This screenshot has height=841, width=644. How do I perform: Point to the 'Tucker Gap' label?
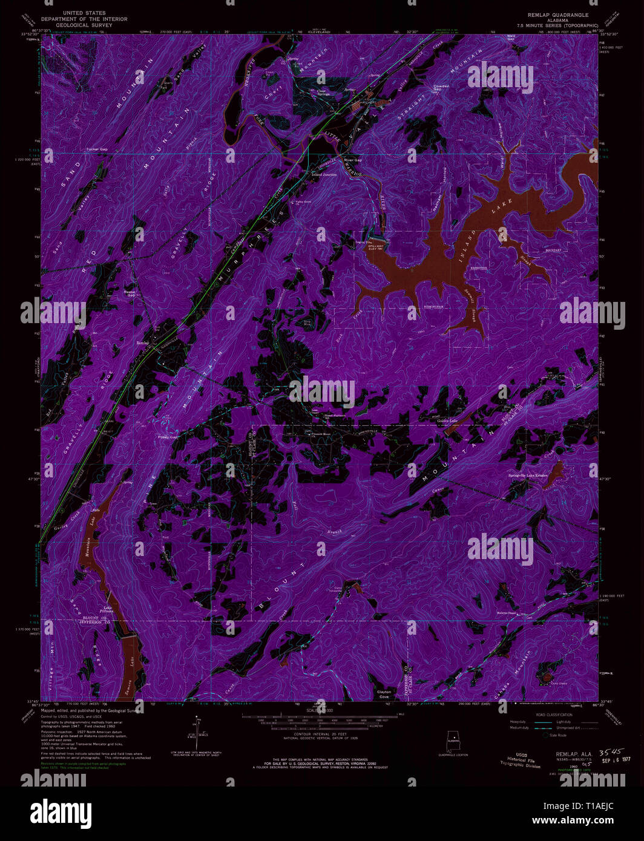[x=97, y=149]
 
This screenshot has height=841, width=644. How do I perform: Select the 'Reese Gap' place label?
[x=130, y=293]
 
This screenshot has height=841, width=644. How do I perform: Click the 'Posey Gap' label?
[x=167, y=437]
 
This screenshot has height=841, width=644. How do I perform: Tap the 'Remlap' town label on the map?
[x=143, y=342]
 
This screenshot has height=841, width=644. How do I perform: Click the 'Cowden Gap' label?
[x=441, y=88]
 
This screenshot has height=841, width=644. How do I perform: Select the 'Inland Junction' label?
[x=324, y=174]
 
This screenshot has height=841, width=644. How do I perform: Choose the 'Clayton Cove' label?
[x=384, y=693]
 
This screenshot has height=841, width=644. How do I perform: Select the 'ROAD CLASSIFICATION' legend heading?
[x=554, y=715]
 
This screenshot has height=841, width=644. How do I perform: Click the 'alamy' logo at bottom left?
[x=53, y=810]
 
